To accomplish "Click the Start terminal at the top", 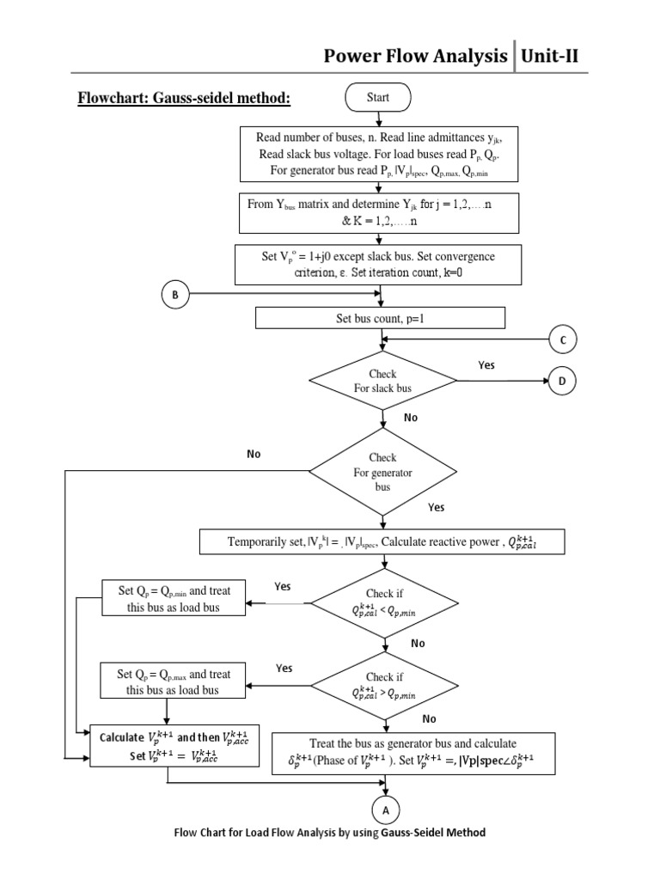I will [378, 98].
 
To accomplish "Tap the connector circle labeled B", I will [175, 295].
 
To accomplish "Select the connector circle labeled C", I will [563, 340].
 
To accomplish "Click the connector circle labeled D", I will [563, 382].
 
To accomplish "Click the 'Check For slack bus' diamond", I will [382, 382].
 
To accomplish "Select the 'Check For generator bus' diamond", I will [382, 473].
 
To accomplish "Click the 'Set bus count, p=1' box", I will [380, 319].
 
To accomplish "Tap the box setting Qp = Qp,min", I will [174, 598].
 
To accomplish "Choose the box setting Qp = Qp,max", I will [174, 681].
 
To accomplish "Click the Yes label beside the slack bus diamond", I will [486, 365].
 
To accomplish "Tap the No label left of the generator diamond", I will [253, 454].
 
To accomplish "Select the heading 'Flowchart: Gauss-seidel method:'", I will [184, 99].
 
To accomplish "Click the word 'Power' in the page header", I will [354, 57].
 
